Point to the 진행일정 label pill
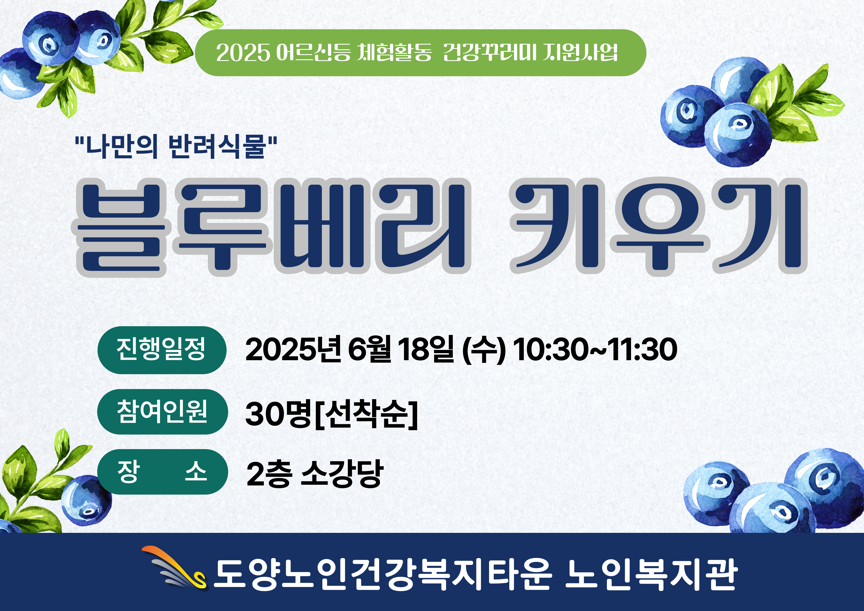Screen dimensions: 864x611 point(162,350)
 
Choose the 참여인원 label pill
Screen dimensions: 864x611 point(162,412)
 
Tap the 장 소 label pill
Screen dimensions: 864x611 point(162,472)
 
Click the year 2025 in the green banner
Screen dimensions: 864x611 point(243,53)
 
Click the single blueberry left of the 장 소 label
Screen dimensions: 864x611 point(87,500)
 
